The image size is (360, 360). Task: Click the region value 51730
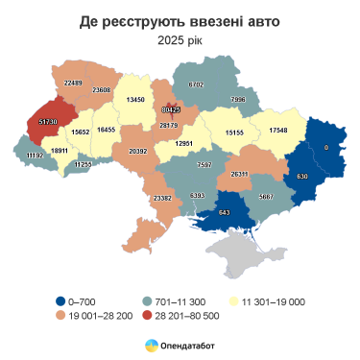tap(49, 122)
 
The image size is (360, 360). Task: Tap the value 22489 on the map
tap(73, 84)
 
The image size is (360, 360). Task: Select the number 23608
tap(102, 89)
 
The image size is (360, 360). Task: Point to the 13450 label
tap(135, 99)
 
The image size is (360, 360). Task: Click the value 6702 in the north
tap(197, 84)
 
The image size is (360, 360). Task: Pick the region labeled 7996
tap(238, 99)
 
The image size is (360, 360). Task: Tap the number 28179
tap(169, 125)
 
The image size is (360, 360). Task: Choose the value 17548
tap(277, 130)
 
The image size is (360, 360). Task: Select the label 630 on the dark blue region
tap(301, 177)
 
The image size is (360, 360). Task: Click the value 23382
tap(162, 198)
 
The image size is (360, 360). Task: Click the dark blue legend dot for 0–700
tap(60, 301)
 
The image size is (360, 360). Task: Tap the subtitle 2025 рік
tap(180, 39)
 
